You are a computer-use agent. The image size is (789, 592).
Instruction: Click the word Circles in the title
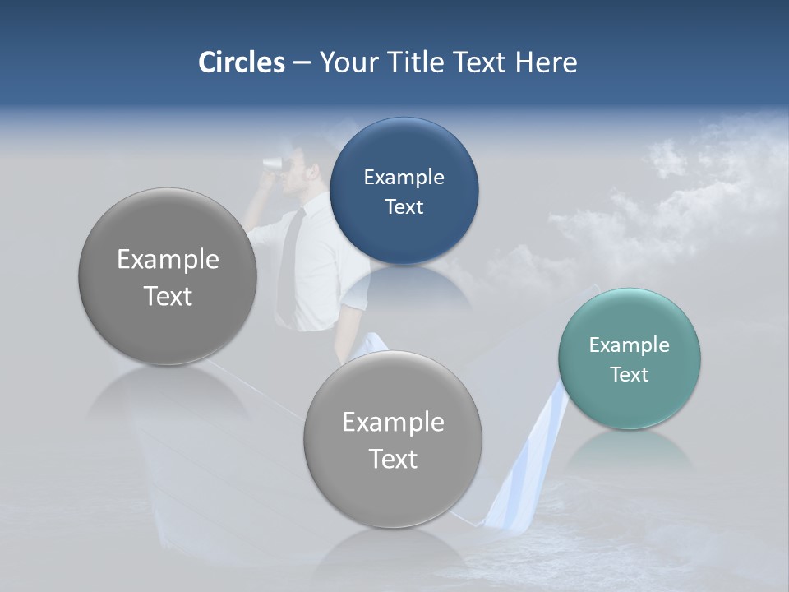click(241, 62)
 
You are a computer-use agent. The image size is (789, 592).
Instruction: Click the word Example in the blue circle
click(404, 178)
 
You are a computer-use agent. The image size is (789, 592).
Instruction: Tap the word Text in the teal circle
click(630, 375)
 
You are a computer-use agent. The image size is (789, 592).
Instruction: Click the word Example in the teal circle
click(630, 345)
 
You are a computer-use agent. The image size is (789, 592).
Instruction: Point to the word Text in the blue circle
click(404, 207)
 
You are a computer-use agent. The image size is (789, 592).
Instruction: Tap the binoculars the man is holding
click(272, 164)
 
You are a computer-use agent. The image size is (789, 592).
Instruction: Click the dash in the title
click(301, 63)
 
